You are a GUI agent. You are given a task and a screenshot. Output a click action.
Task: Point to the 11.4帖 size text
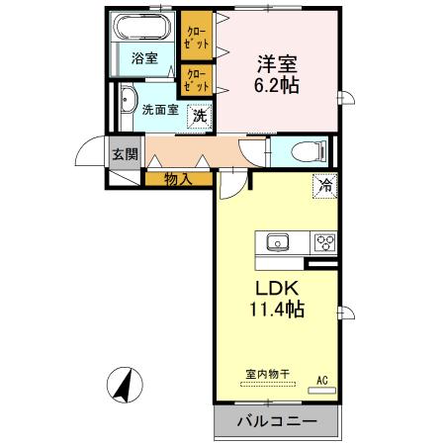tap(276, 310)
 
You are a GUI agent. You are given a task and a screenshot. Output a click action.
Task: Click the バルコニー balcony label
tap(277, 421)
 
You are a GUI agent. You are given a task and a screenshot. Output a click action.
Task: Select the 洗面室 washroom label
tap(158, 110)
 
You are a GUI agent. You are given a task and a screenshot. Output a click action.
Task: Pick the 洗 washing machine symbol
tap(200, 115)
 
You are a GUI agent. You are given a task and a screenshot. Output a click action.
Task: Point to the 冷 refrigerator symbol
tap(323, 185)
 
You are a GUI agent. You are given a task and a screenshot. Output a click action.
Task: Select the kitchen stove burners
tap(324, 241)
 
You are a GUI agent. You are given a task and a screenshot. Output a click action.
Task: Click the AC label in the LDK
tap(322, 379)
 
